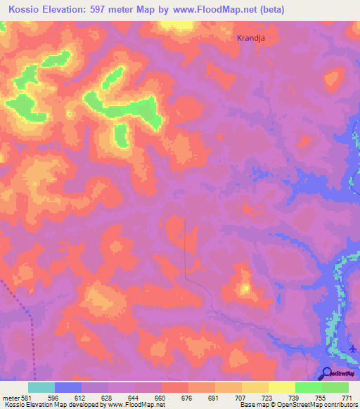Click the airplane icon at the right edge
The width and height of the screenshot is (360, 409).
click(x=353, y=347)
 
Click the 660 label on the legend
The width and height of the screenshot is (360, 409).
click(x=161, y=398)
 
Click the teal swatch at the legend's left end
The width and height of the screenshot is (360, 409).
click(x=41, y=387)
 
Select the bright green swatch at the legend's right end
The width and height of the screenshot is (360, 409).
click(x=335, y=387)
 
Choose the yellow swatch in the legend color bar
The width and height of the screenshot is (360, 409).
click(x=282, y=387)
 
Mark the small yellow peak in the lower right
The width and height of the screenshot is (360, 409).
click(x=245, y=288)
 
